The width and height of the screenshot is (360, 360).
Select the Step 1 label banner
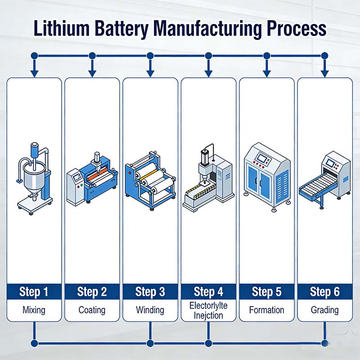[x=34, y=292]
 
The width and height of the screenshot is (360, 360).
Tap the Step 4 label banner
[x=208, y=292]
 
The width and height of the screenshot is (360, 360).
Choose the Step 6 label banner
[x=324, y=292]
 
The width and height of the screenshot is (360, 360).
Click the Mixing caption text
[x=34, y=310]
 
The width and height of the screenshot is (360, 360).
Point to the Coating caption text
[x=92, y=310]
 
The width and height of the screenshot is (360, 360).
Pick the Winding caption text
[x=150, y=310]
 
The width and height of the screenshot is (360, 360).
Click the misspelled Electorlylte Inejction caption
[x=208, y=310]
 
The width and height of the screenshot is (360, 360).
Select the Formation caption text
[x=266, y=310]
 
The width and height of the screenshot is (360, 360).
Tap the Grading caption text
[x=324, y=310]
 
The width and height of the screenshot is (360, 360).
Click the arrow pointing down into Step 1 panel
[x=34, y=71]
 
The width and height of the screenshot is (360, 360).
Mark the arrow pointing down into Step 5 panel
[x=266, y=71]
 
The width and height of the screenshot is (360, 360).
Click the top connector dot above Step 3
[x=150, y=56]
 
